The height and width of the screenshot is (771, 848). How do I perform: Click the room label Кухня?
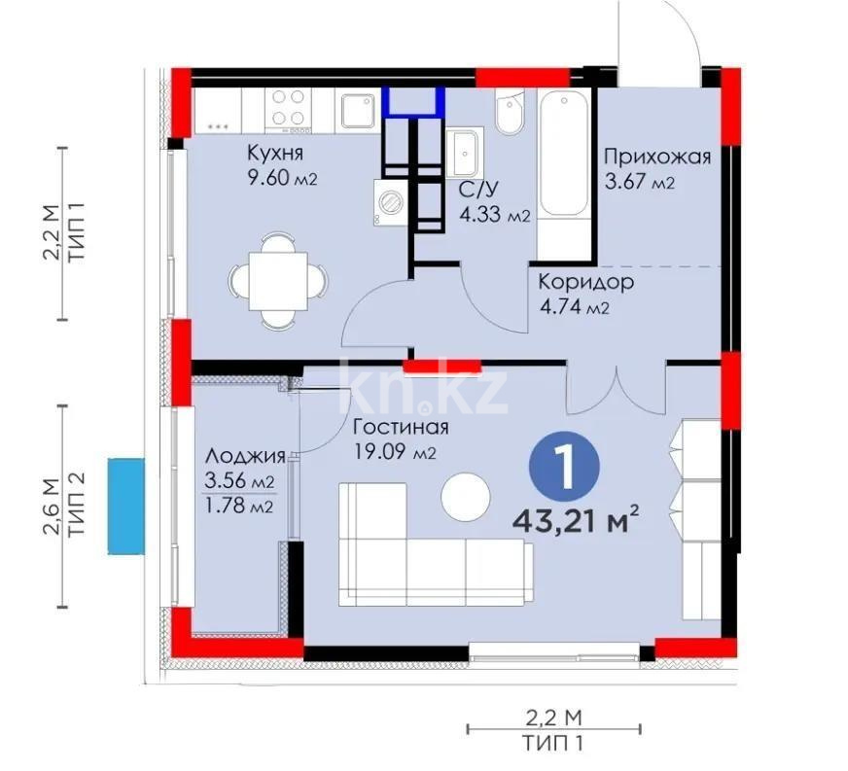pos(275,153)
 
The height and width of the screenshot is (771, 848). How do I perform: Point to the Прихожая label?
pos(657,157)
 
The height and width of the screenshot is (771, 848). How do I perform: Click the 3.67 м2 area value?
pos(639,182)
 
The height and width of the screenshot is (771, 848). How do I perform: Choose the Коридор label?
pos(586,283)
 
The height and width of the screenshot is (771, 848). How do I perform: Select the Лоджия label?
pos(245,456)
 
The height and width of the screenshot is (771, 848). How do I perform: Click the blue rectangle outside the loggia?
pos(125,506)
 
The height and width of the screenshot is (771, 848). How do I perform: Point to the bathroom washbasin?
pos(466,153)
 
